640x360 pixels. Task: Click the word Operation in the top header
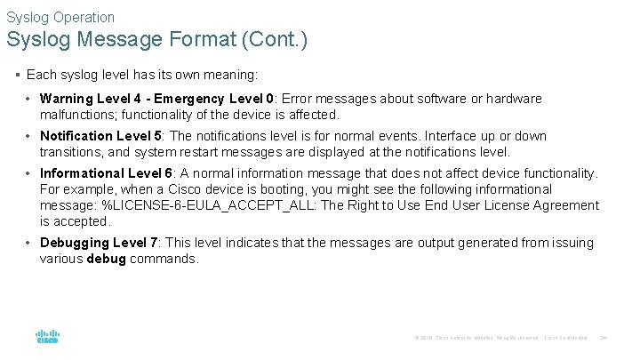pos(84,17)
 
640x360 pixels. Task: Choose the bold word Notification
pos(76,136)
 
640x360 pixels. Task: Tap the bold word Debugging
pos(75,243)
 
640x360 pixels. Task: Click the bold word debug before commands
pos(106,259)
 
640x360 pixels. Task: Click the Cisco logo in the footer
pos(46,336)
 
